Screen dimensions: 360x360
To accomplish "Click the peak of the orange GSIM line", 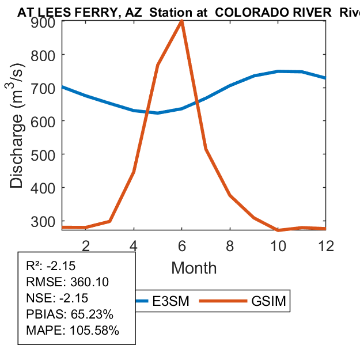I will [182, 21].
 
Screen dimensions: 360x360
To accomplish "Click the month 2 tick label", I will [86, 245].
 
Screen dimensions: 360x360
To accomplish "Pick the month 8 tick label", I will [230, 245].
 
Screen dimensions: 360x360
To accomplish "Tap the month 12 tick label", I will [326, 245].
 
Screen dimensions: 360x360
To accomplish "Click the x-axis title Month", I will [194, 268].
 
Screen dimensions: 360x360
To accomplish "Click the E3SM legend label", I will [173, 301].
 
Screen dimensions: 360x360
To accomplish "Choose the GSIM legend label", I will [268, 301].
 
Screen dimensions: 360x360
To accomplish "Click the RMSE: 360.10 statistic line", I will [68, 282].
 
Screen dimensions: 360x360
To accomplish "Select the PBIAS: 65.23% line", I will [70, 314].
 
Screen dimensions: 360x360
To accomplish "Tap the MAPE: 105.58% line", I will [73, 331].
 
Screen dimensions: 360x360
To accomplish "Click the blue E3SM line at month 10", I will [278, 71].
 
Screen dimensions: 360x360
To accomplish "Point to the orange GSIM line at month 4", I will [134, 172].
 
